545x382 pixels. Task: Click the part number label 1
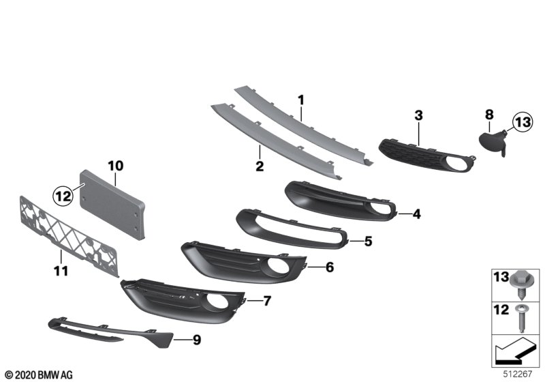[x=300, y=100]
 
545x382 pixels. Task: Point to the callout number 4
[x=416, y=214]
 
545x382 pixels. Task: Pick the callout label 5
[x=368, y=241]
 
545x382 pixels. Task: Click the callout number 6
[x=329, y=267]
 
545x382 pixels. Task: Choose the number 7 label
[x=267, y=300]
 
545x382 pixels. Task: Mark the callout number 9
[x=197, y=338]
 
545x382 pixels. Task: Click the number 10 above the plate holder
[x=115, y=165]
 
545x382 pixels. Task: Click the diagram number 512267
[x=520, y=373]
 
